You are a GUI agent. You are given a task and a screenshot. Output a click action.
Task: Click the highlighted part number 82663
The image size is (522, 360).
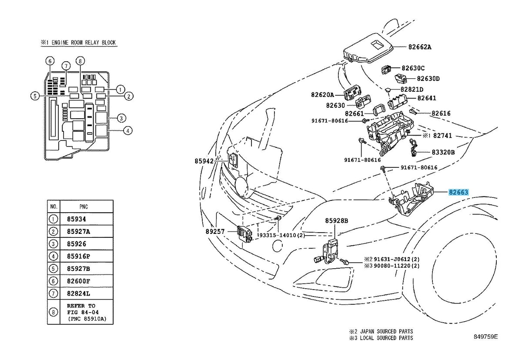[458, 192]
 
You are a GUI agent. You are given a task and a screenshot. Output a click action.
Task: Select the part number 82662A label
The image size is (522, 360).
[420, 47]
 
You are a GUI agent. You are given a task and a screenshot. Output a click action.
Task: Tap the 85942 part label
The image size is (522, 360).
[204, 161]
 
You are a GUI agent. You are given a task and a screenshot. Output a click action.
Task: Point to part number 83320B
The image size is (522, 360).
[443, 152]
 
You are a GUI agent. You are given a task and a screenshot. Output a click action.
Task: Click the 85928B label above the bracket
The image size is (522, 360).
[337, 220]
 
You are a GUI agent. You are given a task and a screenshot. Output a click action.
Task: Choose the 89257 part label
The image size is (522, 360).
[215, 231]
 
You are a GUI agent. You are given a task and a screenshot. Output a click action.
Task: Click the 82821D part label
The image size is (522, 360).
[412, 90]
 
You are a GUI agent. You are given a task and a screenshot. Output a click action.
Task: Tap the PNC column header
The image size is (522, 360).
[84, 207]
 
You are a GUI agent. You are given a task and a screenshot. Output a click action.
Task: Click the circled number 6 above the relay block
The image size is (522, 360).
[50, 61]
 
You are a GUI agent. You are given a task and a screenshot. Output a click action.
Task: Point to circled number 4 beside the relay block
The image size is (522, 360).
[128, 130]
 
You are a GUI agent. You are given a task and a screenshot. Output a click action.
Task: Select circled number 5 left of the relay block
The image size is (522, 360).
[35, 96]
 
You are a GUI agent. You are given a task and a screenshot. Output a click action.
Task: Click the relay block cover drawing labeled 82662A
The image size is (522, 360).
[368, 48]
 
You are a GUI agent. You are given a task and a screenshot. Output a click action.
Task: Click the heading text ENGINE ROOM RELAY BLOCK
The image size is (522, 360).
[84, 42]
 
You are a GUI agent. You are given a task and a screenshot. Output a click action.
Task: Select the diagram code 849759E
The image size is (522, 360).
[485, 337]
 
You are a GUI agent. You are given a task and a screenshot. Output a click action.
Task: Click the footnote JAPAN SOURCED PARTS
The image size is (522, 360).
[386, 331]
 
